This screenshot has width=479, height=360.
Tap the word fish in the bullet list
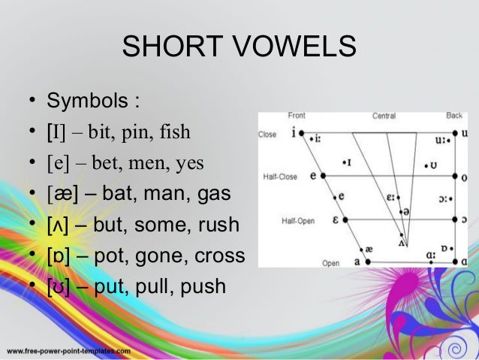click(174, 134)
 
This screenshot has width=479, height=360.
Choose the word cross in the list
click(221, 256)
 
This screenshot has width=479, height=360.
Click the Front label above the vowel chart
click(297, 116)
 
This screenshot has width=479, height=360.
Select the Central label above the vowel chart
click(384, 116)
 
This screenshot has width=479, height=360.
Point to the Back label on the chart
click(454, 116)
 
